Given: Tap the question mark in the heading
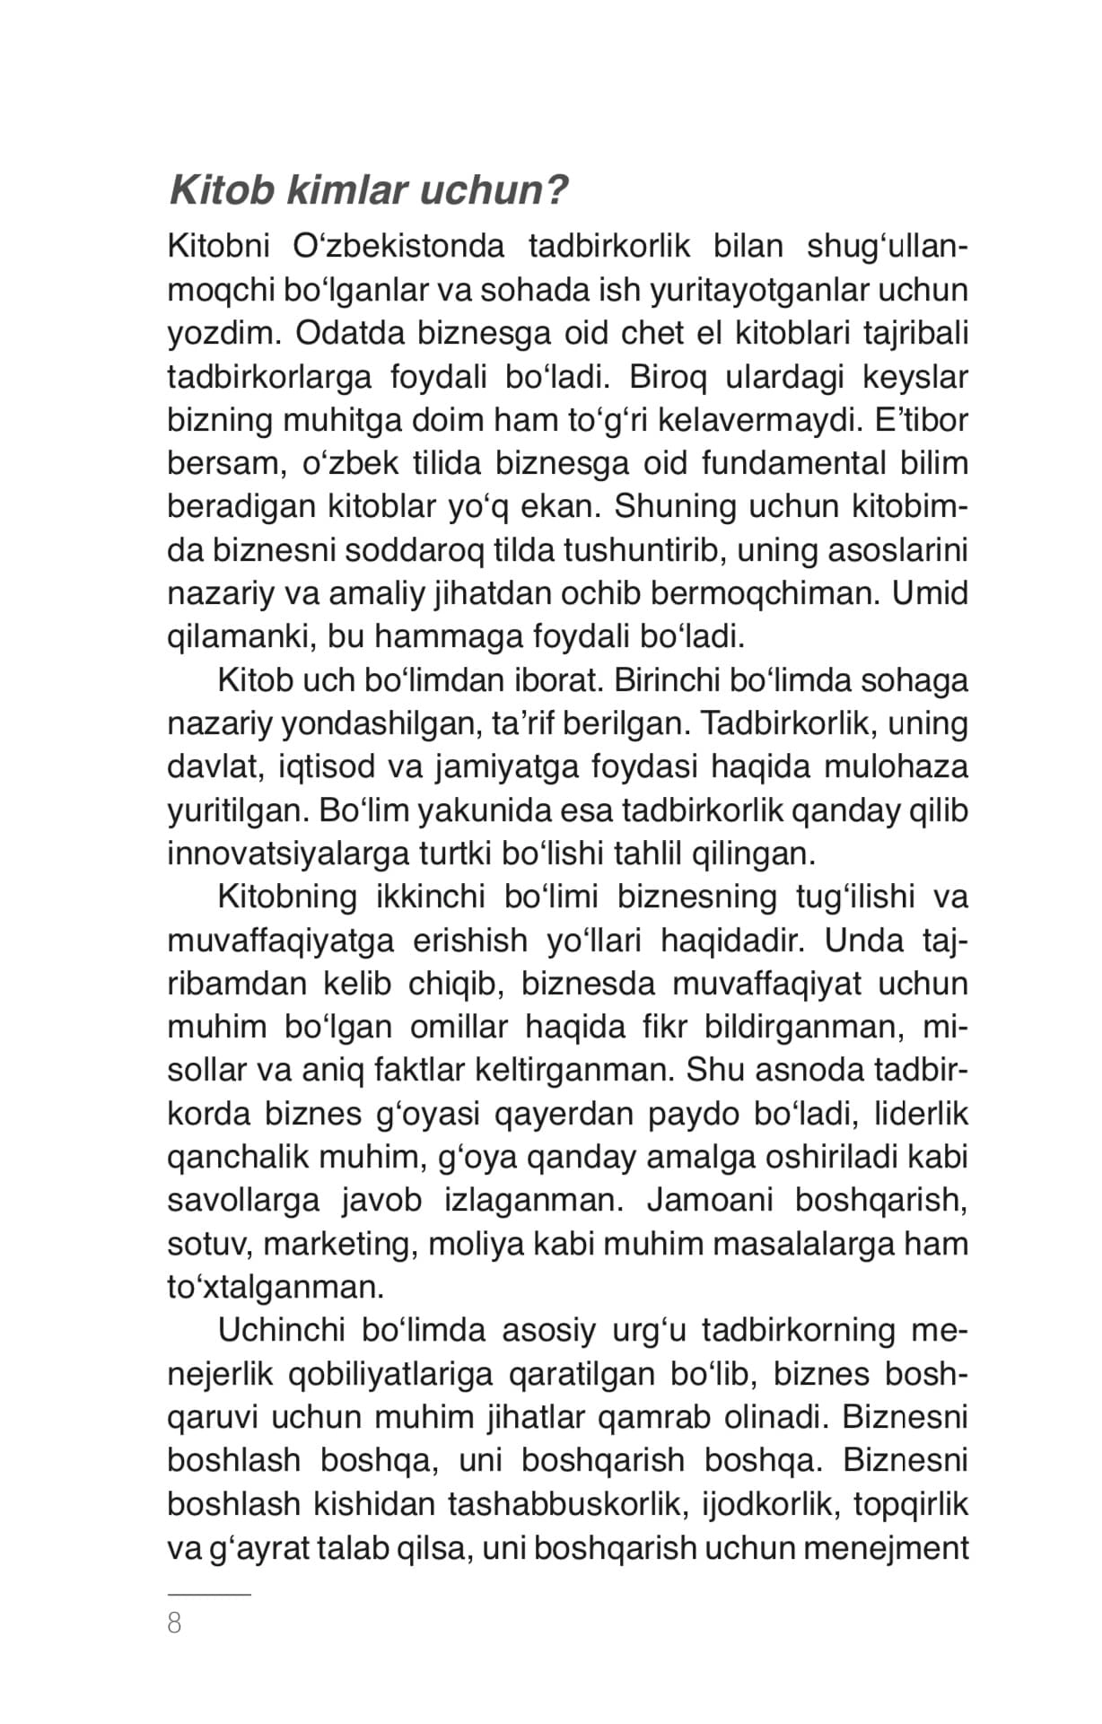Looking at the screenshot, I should coord(556,190).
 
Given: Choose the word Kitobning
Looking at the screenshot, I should coord(287,897).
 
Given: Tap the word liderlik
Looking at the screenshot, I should coord(922,1115).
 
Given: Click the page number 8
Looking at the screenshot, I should coord(174,1623).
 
